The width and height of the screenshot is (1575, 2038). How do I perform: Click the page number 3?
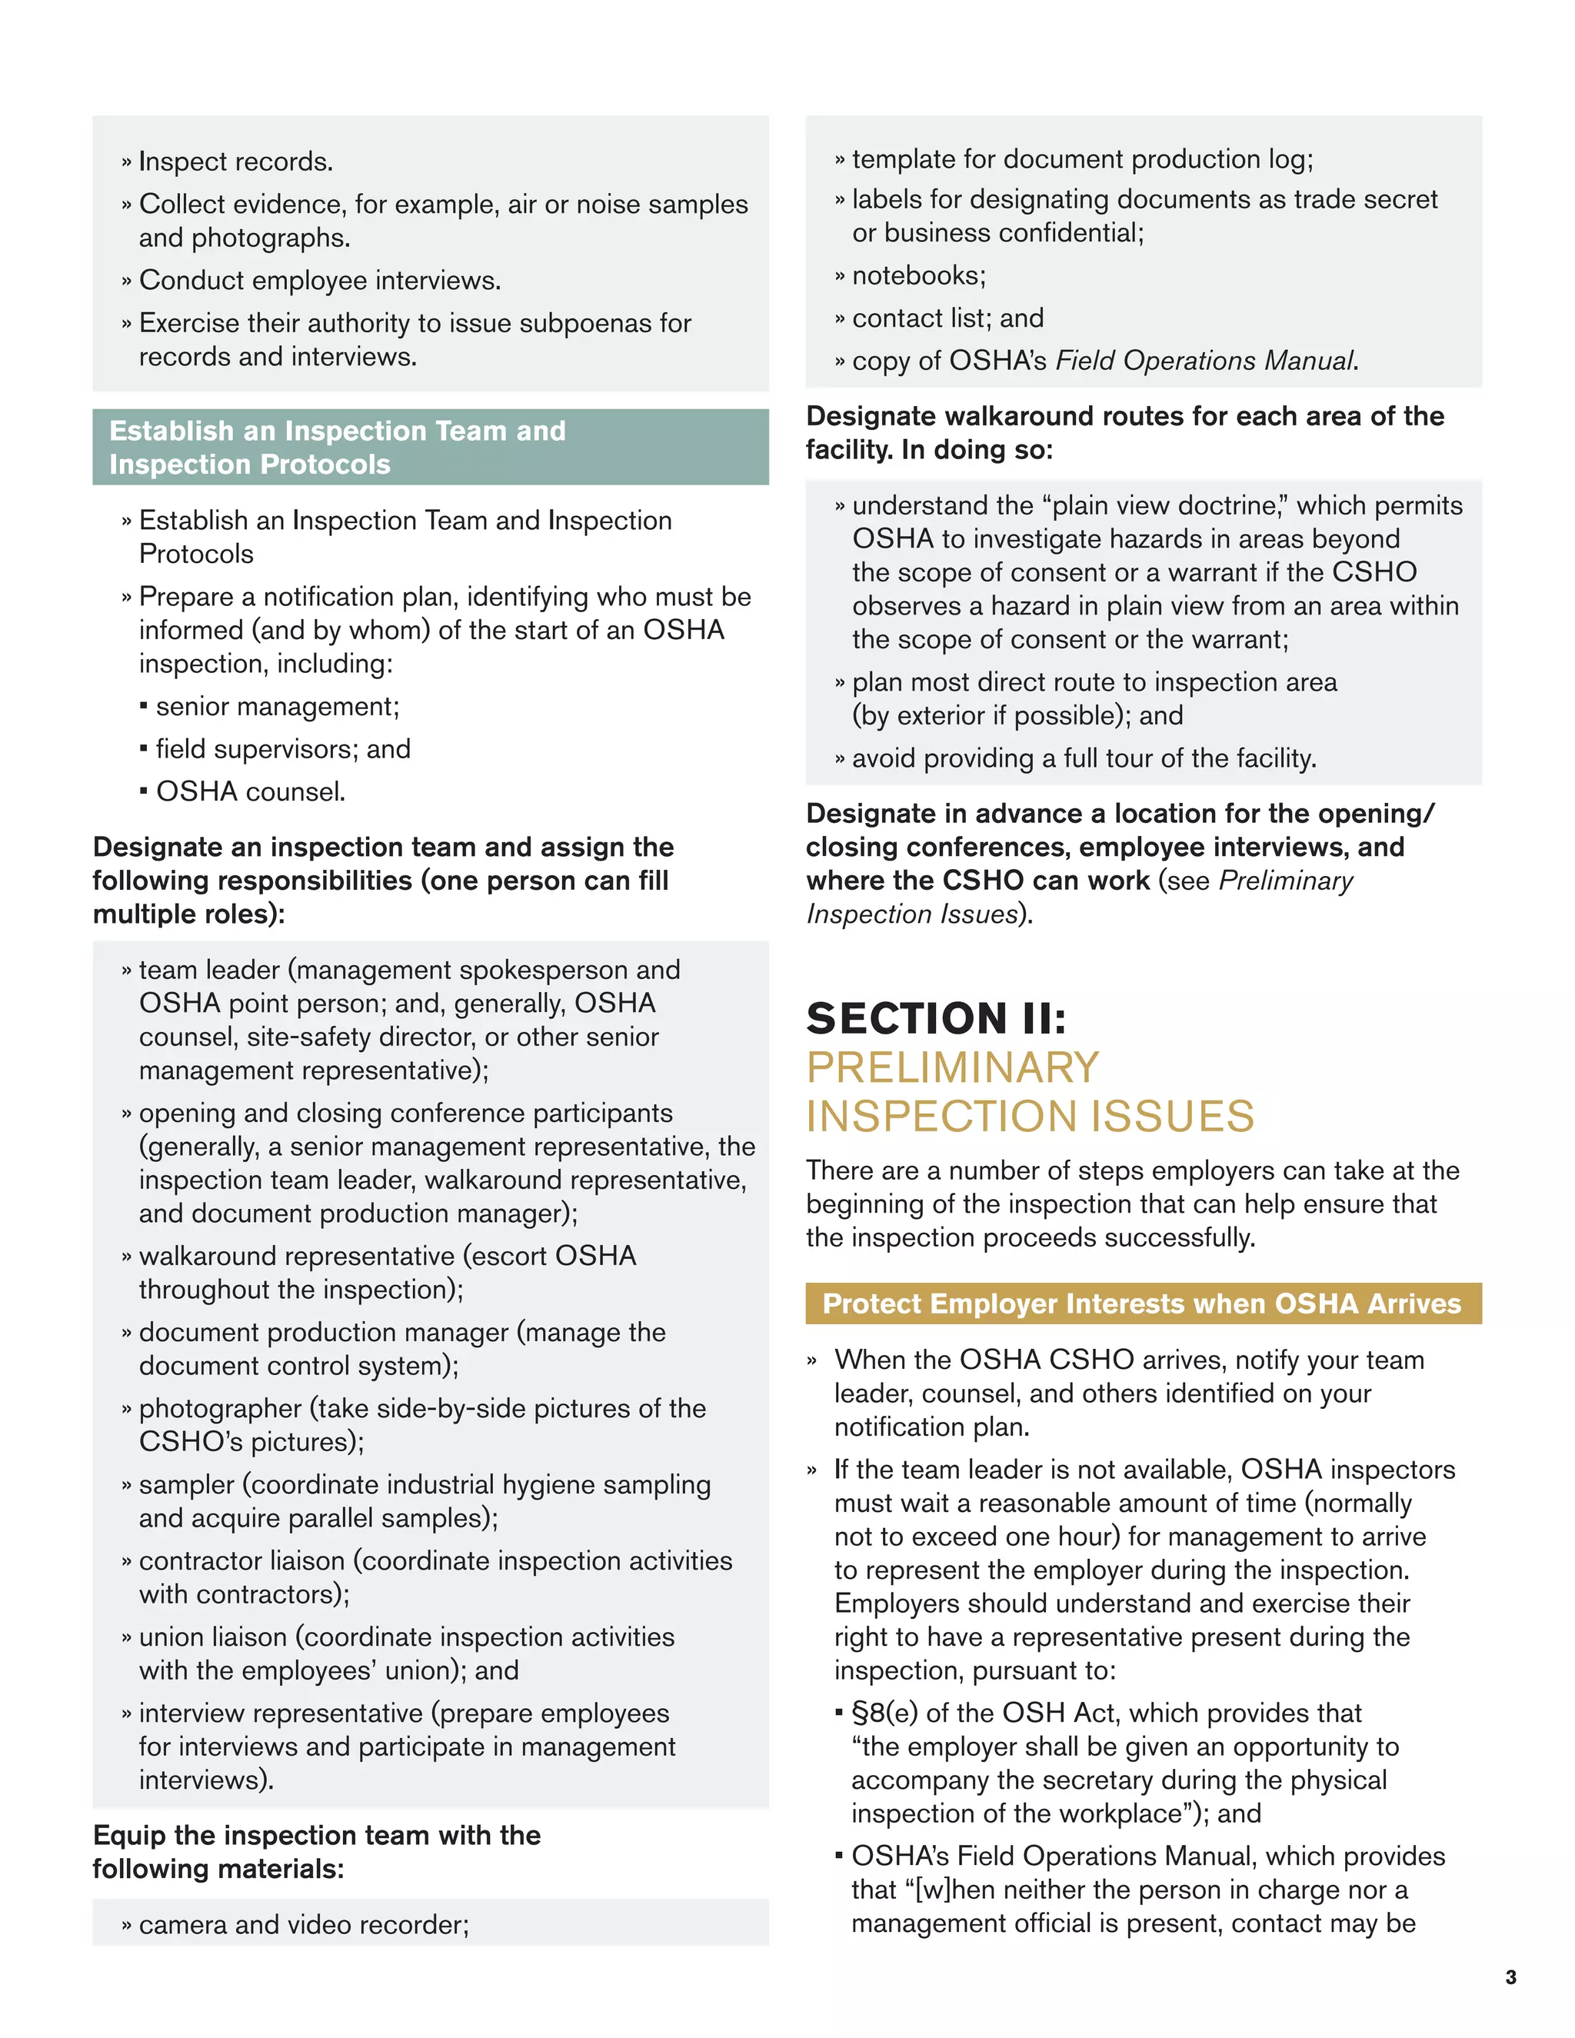[x=1510, y=1977]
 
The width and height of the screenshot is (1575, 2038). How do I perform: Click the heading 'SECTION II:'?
[x=936, y=1018]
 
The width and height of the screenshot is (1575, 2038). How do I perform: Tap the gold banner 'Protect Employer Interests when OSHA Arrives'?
[x=1142, y=1304]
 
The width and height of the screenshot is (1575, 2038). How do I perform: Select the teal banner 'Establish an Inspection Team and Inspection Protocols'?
[x=430, y=447]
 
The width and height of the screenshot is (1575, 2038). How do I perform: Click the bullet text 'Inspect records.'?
[x=235, y=162]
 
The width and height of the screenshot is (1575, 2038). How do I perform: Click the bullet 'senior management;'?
[x=277, y=707]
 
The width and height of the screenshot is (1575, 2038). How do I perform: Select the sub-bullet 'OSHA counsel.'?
[x=250, y=791]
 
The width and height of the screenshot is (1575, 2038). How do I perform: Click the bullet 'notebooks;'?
[x=918, y=275]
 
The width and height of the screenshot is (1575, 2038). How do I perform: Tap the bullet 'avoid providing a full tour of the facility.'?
[x=1084, y=758]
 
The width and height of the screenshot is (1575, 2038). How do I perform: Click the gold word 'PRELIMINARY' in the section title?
[x=953, y=1067]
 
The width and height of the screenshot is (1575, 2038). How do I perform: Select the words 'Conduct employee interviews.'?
[x=319, y=280]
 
